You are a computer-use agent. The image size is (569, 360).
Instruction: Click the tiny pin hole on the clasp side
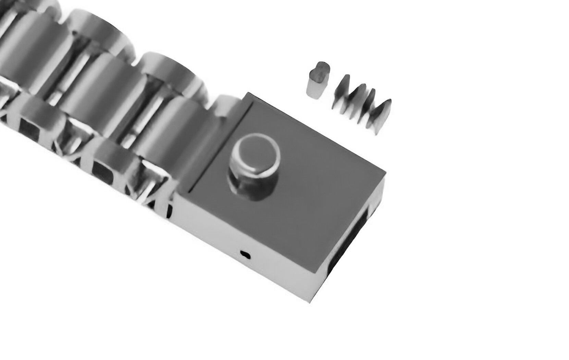(245, 254)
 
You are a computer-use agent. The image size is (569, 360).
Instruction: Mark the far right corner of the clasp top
(386, 173)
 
